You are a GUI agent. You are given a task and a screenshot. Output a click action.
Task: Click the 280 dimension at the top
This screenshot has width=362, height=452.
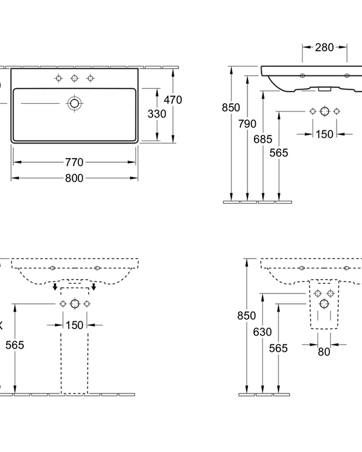[325, 47]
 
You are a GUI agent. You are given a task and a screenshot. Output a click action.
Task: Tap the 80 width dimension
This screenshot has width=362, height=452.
[325, 352]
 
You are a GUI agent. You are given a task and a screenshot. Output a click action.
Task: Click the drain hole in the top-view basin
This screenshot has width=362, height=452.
[75, 103]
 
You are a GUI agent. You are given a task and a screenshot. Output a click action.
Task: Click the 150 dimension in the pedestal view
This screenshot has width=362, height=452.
[75, 325]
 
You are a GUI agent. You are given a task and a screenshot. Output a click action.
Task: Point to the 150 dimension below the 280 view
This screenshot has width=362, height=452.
[325, 134]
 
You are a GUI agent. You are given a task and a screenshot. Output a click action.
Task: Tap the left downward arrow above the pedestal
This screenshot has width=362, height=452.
[56, 286]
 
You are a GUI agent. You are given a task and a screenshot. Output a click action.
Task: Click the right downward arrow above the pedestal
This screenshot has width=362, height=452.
[93, 286]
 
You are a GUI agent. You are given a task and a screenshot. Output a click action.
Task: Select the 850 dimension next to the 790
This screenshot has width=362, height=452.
[230, 108]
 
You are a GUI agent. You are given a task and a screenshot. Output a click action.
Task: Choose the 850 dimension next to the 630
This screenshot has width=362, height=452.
[247, 316]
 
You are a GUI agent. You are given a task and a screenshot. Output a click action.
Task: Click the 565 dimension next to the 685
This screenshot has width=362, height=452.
[279, 153]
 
